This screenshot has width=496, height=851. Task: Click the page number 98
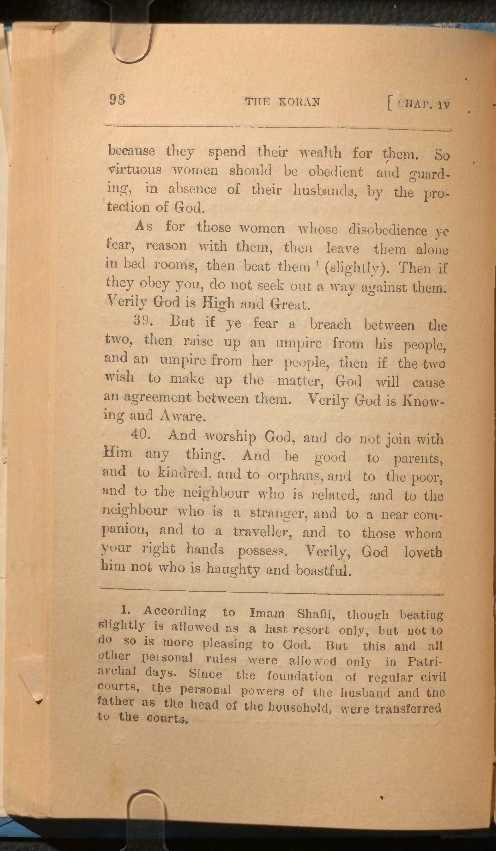(x=118, y=100)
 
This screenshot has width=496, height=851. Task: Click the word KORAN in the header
(x=299, y=102)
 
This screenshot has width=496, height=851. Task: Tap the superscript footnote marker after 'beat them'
(x=315, y=263)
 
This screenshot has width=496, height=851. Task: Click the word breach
(x=330, y=324)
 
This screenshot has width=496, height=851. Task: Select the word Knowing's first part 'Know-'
(x=422, y=401)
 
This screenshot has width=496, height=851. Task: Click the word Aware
(x=182, y=416)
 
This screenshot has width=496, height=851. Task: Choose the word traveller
(x=262, y=532)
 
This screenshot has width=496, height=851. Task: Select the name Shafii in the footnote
(x=316, y=613)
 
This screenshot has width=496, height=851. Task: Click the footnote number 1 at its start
(x=124, y=610)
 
